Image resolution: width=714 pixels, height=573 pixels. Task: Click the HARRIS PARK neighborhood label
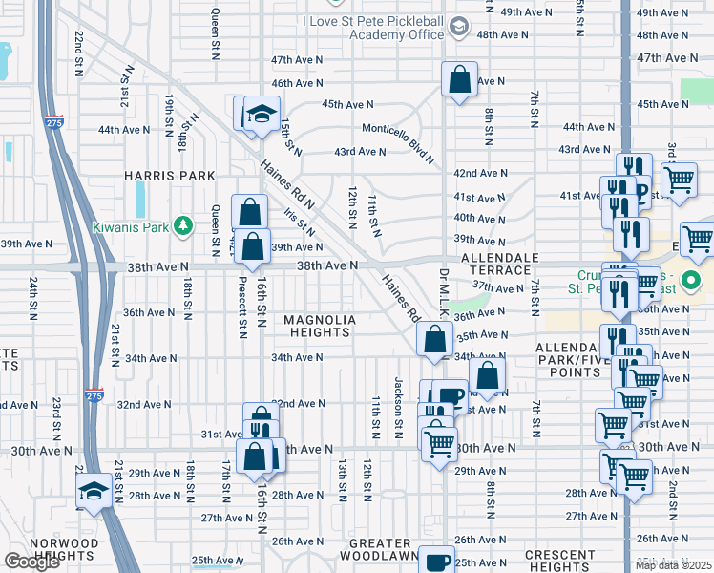click(x=168, y=176)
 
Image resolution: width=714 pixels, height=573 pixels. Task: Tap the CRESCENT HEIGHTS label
click(x=559, y=561)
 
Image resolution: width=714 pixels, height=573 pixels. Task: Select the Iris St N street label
click(x=300, y=221)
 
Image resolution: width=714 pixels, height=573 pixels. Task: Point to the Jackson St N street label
click(x=398, y=402)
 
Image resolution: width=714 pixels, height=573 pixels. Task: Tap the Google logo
click(x=31, y=562)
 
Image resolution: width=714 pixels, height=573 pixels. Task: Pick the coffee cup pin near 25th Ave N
click(x=438, y=561)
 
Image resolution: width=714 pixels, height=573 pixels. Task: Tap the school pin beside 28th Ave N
click(x=93, y=492)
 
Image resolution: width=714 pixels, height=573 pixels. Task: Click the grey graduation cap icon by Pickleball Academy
click(x=460, y=26)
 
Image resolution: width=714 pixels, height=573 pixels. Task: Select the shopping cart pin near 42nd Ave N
click(x=679, y=179)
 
